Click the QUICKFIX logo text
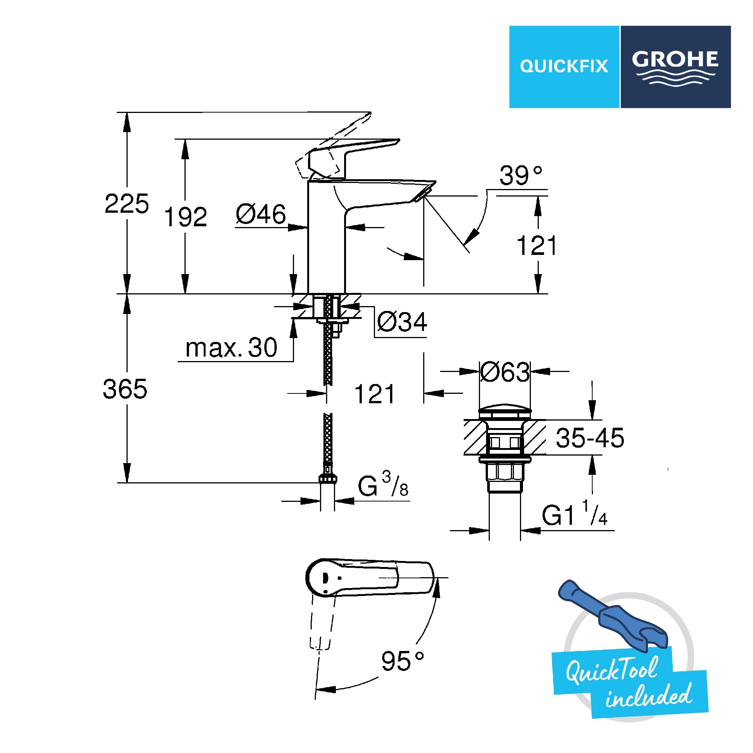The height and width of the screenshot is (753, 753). tap(564, 66)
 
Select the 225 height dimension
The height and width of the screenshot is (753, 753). tap(127, 203)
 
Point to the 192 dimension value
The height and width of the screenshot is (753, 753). tap(185, 217)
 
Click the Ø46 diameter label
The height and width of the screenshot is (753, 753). tap(261, 214)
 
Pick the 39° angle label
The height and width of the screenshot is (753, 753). tap(521, 175)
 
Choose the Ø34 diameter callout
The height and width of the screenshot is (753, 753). tap(402, 322)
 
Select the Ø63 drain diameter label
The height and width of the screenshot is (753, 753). tap(505, 372)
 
